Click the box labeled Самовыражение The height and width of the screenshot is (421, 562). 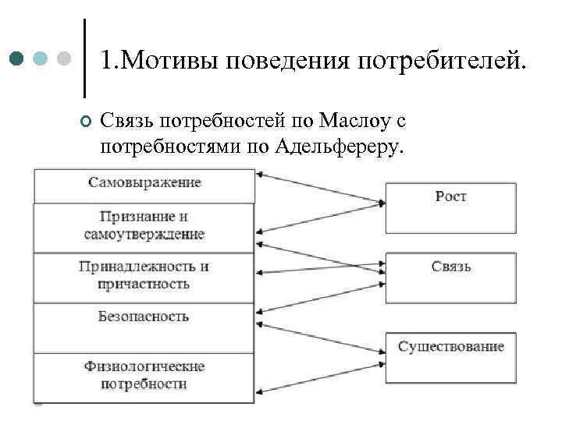point(144,185)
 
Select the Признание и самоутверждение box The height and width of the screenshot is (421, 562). point(144,226)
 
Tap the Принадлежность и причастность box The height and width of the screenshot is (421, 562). point(144,276)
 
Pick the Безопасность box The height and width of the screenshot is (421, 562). point(144,326)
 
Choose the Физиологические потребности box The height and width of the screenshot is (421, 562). point(144,376)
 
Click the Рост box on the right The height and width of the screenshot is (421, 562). point(450,207)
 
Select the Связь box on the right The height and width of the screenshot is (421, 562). point(450,277)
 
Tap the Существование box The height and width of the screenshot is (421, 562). point(450,356)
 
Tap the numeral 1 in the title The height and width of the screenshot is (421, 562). point(107,60)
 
